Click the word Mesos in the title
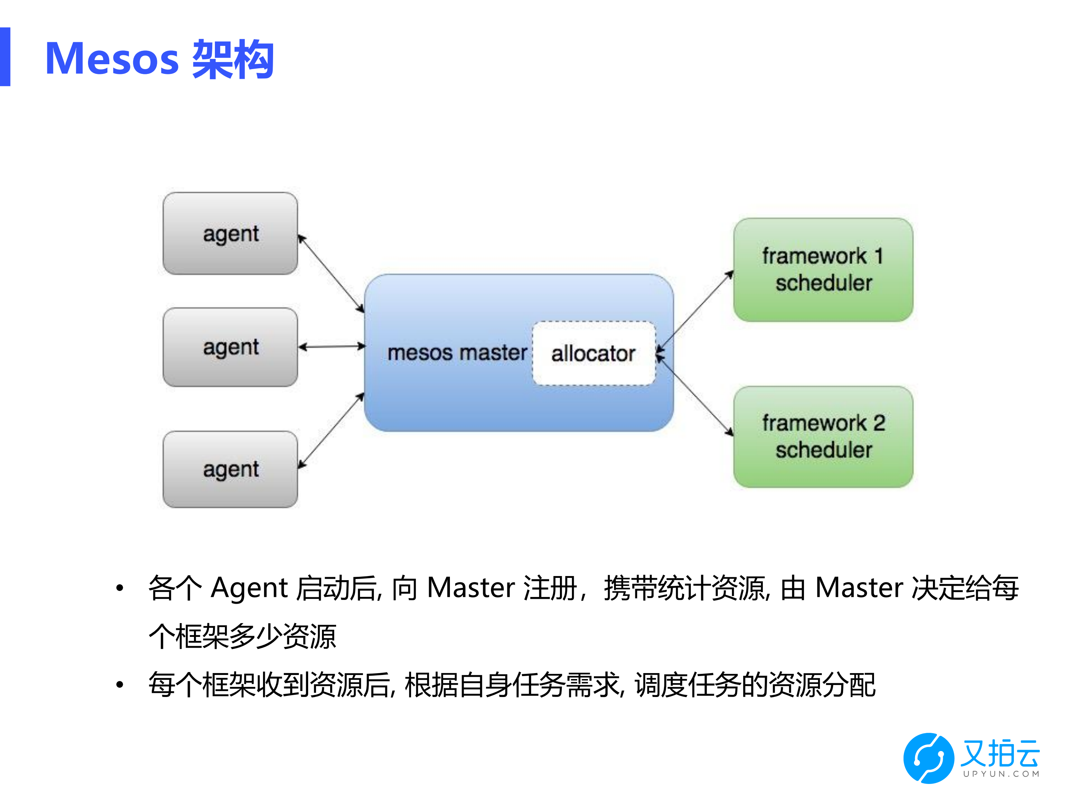coord(112,59)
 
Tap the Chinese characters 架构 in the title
coord(233,59)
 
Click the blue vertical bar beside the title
coord(5,57)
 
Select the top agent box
coord(230,234)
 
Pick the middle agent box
coord(230,347)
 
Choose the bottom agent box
coord(230,469)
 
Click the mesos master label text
coord(456,353)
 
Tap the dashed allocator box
coord(593,353)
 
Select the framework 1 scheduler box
coord(823,270)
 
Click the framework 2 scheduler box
coord(823,437)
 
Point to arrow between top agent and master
coord(331,274)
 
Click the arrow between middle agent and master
coord(332,346)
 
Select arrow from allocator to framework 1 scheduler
coord(694,311)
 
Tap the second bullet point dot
coord(119,685)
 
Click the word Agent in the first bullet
coord(249,588)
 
